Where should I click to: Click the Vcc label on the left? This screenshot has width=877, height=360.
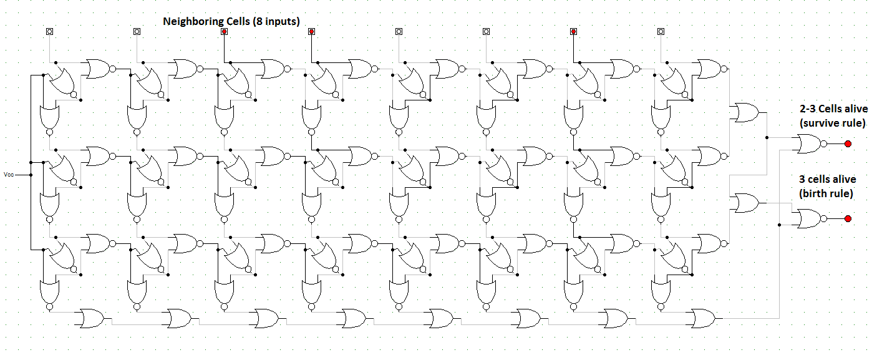(9, 174)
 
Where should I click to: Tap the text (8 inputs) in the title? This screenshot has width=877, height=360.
(276, 22)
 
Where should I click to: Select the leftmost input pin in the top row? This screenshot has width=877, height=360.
(49, 31)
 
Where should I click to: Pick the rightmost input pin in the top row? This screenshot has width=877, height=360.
(661, 31)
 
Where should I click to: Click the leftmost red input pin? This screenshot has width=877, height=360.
(224, 31)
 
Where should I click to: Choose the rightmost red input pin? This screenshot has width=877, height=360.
(574, 31)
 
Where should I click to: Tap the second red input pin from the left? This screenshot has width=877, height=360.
(311, 31)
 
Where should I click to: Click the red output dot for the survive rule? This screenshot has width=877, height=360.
(848, 144)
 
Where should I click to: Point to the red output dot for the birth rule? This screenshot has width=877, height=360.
(848, 218)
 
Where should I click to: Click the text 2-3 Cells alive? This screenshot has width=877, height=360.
(833, 109)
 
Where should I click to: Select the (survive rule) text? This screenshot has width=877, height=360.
(832, 123)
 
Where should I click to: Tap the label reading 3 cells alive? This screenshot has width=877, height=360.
(827, 179)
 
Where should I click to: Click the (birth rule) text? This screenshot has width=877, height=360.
(826, 193)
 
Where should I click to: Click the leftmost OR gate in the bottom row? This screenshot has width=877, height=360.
(92, 318)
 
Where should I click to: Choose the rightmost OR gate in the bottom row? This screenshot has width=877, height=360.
(703, 318)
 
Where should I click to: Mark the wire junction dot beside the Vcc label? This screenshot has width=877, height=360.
(31, 175)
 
